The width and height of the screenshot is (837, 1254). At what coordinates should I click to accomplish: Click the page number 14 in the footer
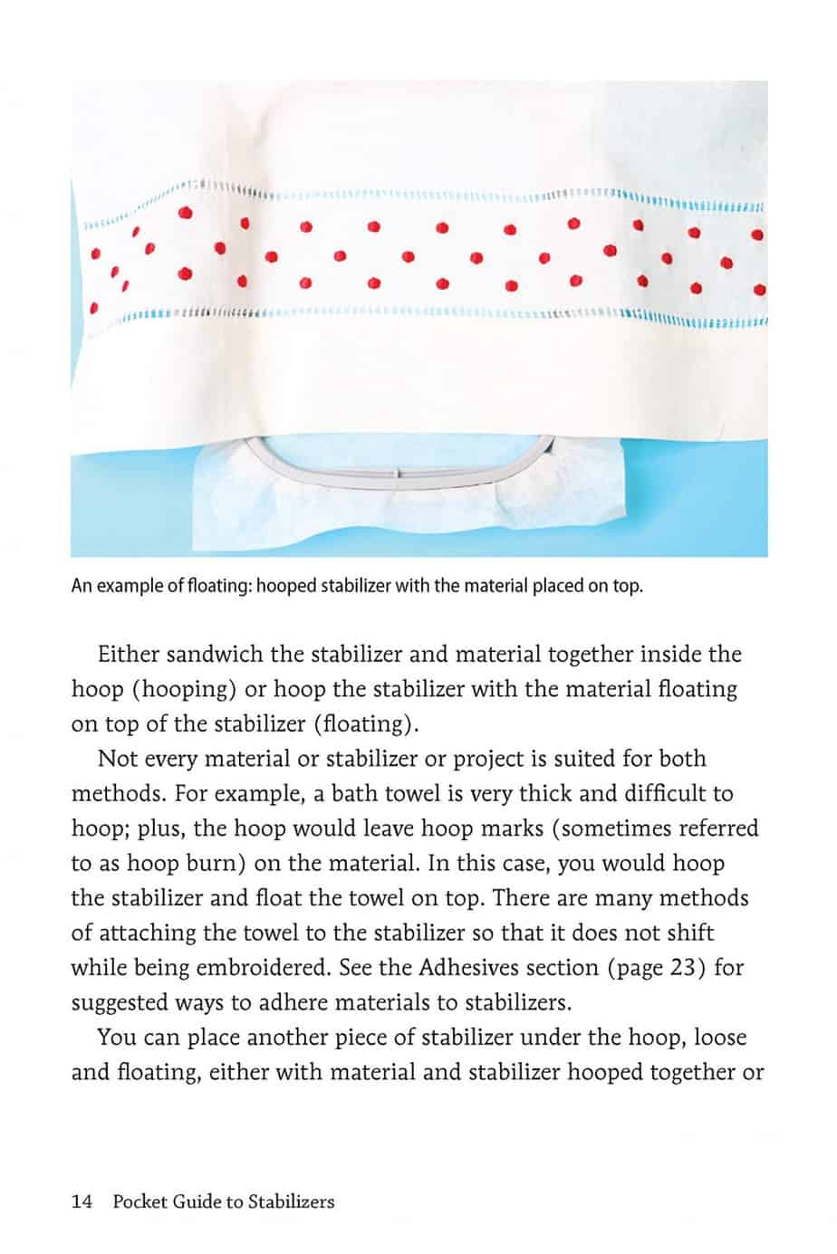pos(82,1201)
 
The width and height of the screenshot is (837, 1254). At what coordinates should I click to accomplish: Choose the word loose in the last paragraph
pos(716,1038)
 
